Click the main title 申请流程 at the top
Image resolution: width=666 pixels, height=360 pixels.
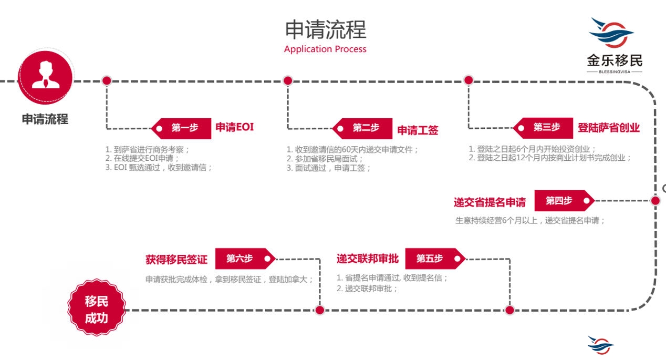[x=325, y=29]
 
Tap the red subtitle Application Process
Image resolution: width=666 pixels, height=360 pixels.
[x=325, y=49]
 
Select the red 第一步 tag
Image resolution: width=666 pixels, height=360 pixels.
[x=184, y=128]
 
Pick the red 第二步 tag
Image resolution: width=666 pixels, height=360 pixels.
[x=366, y=128]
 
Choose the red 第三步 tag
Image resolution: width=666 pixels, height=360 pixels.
[x=546, y=128]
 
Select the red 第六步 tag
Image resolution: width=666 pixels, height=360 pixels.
[x=241, y=259]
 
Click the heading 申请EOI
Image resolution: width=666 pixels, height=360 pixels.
[x=234, y=127]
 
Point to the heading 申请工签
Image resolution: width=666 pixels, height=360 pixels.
[x=418, y=130]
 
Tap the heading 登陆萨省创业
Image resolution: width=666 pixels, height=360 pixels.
[x=609, y=128]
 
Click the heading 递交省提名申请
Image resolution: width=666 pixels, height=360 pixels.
[x=490, y=202]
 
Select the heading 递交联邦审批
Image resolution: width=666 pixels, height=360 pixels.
[x=368, y=259]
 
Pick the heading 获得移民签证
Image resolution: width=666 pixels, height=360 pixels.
[x=176, y=260]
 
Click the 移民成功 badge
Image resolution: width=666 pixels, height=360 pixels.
[x=97, y=310]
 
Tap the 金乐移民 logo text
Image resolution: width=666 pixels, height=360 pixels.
[x=615, y=60]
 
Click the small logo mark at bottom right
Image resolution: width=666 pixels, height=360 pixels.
[x=600, y=344]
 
